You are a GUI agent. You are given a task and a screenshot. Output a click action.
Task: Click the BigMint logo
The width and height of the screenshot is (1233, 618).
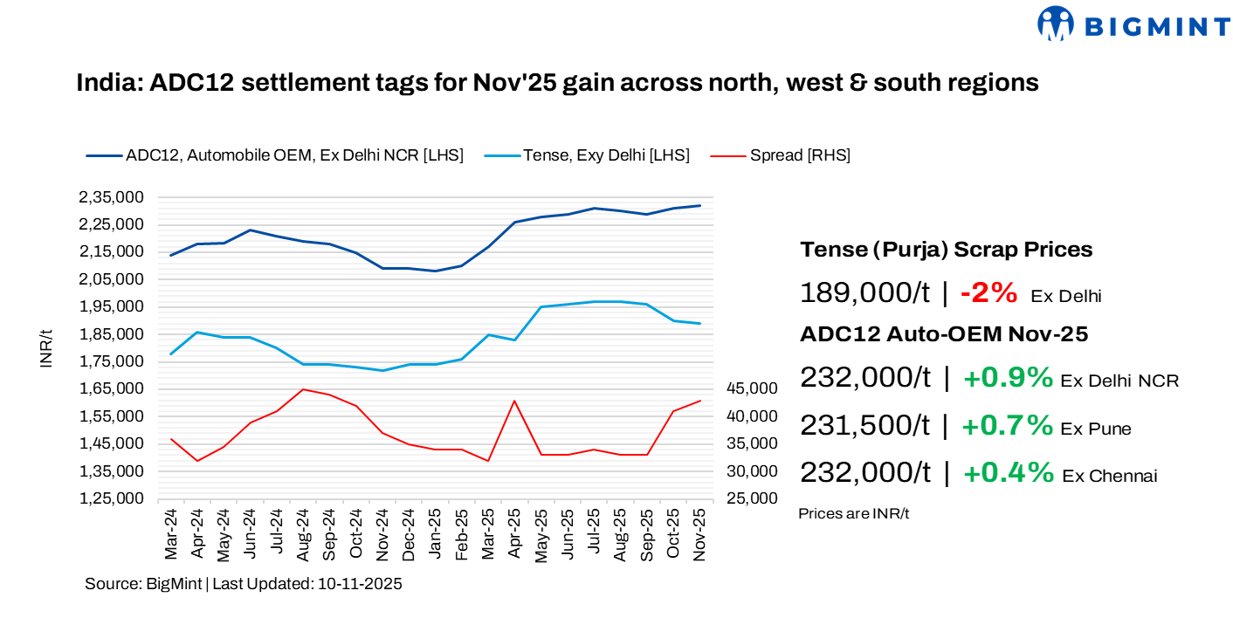coord(1133,24)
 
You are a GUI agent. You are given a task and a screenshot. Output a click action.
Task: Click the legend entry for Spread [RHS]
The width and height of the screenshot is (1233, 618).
coord(800,155)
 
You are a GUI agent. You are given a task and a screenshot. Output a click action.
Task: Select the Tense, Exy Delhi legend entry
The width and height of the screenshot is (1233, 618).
coord(606,155)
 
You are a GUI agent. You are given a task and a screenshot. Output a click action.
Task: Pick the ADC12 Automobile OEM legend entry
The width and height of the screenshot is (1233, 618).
coord(294,155)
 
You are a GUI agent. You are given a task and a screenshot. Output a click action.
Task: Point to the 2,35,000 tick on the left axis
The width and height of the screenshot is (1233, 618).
coord(112,197)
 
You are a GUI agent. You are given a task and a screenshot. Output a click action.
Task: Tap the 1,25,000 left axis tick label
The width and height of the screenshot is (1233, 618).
coord(112,498)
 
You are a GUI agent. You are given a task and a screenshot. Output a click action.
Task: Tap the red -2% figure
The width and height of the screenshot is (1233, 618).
coord(988,293)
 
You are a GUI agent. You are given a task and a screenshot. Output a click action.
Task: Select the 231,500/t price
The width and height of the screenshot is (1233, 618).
coord(864,425)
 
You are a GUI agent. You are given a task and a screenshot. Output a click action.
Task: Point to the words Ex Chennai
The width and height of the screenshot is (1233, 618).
coord(1109,476)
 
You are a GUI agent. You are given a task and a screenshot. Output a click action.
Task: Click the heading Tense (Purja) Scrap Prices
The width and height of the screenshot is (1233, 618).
coord(946,250)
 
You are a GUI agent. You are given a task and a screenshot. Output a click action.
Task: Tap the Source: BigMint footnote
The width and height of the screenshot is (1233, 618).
coord(243,584)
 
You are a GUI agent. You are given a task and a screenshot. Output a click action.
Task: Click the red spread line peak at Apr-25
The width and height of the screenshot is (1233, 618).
coord(514,401)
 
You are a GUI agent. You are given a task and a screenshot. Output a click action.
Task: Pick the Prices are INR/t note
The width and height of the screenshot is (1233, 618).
coord(853,513)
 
